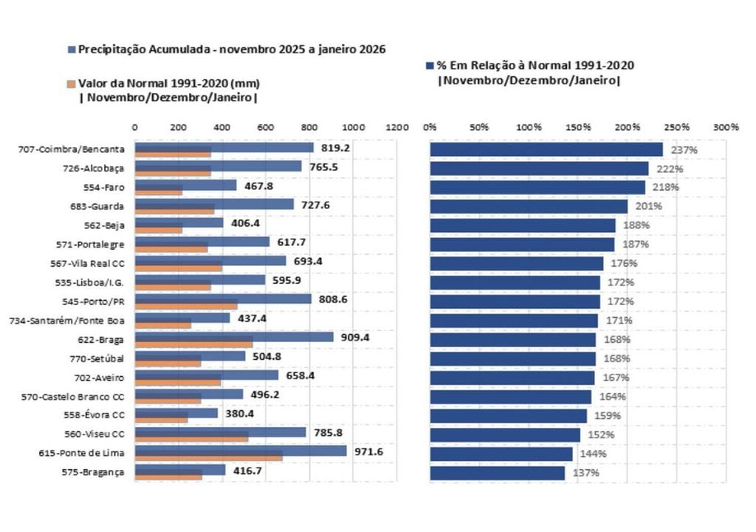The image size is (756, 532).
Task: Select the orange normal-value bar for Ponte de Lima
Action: pos(208,457)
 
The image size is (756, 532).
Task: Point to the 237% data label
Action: pos(684,150)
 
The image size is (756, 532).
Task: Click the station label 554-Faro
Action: pos(103,187)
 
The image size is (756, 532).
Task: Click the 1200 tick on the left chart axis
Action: pos(397,127)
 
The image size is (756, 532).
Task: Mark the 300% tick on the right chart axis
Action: pos(726,127)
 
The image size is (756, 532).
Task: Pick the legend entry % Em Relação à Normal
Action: pos(535,66)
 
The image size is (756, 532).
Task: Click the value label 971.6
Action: pos(369,451)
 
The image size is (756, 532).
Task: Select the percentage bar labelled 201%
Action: pos(529,206)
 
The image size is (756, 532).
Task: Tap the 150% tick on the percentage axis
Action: pos(577,127)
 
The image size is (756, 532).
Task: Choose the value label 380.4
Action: pos(239,414)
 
